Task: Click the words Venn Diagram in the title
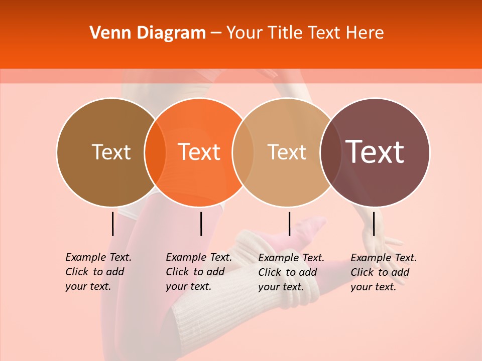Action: pyautogui.click(x=148, y=33)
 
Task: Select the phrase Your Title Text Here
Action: pyautogui.click(x=305, y=33)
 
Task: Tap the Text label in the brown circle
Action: pyautogui.click(x=111, y=152)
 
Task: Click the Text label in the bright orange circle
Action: pyautogui.click(x=199, y=152)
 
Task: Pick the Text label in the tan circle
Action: pyautogui.click(x=287, y=152)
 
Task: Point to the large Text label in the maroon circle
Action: pyautogui.click(x=375, y=152)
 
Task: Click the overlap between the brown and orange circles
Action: pyautogui.click(x=155, y=152)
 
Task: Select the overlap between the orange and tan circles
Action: pyautogui.click(x=243, y=152)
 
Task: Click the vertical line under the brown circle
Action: pyautogui.click(x=113, y=224)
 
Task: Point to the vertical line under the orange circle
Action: pyautogui.click(x=201, y=224)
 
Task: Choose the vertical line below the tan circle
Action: pyautogui.click(x=289, y=224)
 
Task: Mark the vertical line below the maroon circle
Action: pyautogui.click(x=374, y=224)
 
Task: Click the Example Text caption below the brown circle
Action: pyautogui.click(x=98, y=272)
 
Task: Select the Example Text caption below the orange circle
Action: pyautogui.click(x=198, y=272)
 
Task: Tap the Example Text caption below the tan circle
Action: pyautogui.click(x=291, y=272)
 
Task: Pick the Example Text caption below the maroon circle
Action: pyautogui.click(x=383, y=272)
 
